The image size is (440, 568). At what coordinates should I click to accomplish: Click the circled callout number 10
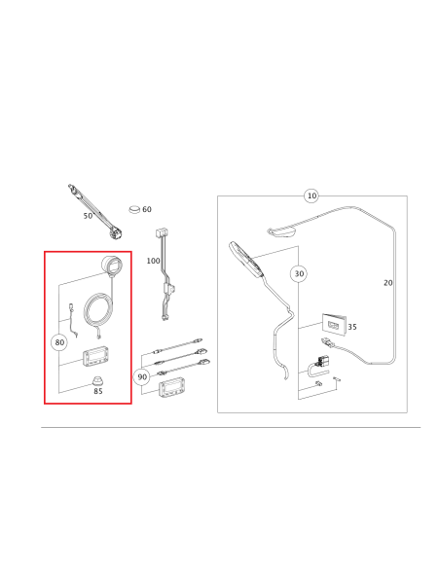pyautogui.click(x=312, y=195)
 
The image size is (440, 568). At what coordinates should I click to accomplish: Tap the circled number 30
pyautogui.click(x=299, y=274)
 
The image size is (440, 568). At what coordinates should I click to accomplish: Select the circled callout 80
pyautogui.click(x=59, y=342)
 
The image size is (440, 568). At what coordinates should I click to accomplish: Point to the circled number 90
pyautogui.click(x=142, y=376)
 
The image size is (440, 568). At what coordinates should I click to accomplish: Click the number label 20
pyautogui.click(x=388, y=283)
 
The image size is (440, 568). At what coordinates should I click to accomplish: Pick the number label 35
pyautogui.click(x=351, y=328)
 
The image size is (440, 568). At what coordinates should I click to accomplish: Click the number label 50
pyautogui.click(x=88, y=216)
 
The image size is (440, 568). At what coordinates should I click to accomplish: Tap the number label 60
pyautogui.click(x=147, y=209)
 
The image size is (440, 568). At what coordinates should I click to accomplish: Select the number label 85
pyautogui.click(x=97, y=392)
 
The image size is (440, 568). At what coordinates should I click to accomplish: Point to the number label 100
pyautogui.click(x=154, y=262)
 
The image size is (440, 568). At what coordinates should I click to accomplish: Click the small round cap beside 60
pyautogui.click(x=134, y=208)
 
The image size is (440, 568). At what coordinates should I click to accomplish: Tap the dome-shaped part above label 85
pyautogui.click(x=97, y=377)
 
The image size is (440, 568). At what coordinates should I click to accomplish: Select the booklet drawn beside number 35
pyautogui.click(x=331, y=322)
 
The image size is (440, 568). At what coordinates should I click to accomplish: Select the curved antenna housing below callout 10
pyautogui.click(x=282, y=230)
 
